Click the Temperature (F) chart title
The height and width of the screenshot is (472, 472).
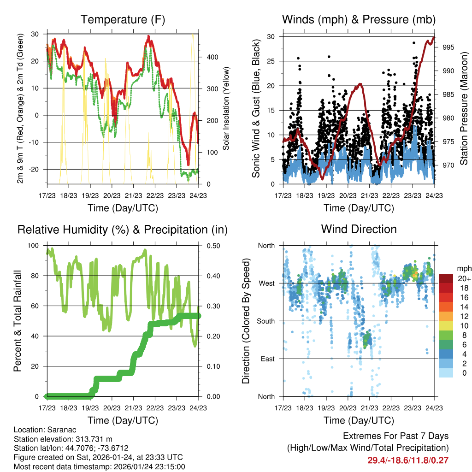[123, 19]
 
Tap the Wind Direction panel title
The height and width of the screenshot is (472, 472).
[359, 229]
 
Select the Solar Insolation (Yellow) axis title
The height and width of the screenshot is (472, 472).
[226, 108]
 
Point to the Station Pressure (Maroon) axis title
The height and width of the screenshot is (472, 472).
[464, 108]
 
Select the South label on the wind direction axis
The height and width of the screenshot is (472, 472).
[266, 321]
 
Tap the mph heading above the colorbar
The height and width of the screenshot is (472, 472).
[462, 268]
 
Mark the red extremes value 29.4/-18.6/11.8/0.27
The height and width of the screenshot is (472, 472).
[408, 460]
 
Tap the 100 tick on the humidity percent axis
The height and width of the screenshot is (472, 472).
[34, 246]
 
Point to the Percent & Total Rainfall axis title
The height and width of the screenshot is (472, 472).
[18, 321]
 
